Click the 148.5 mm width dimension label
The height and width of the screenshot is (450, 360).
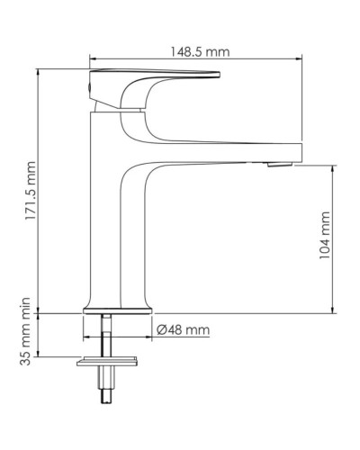pos(196,51)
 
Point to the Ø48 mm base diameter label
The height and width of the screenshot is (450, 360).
pos(183,330)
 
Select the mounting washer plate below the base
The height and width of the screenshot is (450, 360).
pos(108,362)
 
